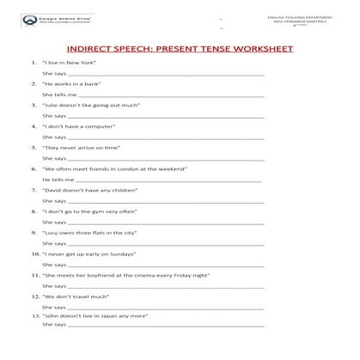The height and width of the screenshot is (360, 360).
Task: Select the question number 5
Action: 33,147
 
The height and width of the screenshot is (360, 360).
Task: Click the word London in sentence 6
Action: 135,168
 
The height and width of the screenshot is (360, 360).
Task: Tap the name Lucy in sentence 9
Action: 52,232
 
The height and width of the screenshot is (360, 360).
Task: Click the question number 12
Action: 34,296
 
